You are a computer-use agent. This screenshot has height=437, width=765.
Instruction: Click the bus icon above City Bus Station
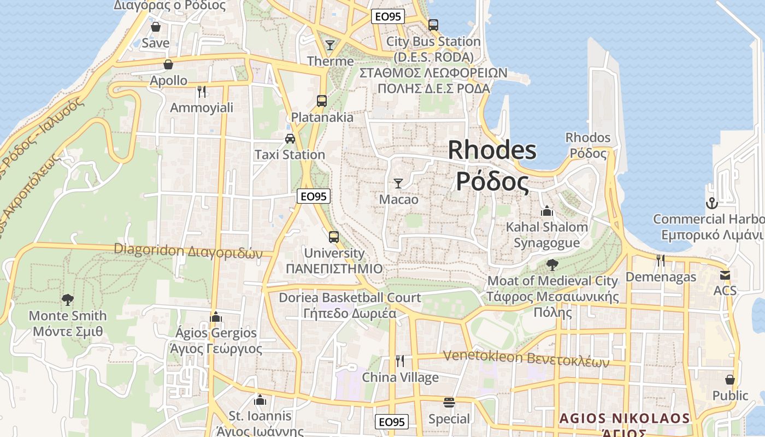tap(433, 25)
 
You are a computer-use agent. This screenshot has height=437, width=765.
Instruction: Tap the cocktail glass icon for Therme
tap(330, 45)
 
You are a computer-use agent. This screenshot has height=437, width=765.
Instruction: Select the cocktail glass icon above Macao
tap(398, 183)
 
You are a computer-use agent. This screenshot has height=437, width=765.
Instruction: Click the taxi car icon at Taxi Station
tap(290, 138)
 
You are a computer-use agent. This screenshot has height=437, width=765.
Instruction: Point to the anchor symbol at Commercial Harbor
tap(711, 203)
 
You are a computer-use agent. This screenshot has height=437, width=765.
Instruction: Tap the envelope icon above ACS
tap(725, 275)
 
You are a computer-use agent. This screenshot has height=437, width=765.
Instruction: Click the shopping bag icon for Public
tap(730, 379)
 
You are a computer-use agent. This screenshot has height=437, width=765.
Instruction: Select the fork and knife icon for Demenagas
tap(661, 261)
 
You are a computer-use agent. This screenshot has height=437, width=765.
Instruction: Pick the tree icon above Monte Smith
tap(68, 299)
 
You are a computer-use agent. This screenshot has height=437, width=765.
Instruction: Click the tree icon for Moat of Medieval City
tap(552, 265)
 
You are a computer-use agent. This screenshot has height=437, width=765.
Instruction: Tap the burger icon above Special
tap(449, 403)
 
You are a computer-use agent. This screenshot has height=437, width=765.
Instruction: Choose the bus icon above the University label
tap(334, 237)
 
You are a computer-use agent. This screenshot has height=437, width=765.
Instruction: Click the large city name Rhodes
tap(492, 150)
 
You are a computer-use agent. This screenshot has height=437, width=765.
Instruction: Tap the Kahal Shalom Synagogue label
tap(546, 234)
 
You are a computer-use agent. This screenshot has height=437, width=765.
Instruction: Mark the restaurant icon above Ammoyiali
tap(202, 91)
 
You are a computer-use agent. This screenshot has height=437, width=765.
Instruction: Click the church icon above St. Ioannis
tap(260, 400)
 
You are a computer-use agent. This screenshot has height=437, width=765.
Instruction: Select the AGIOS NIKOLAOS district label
tap(624, 419)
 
